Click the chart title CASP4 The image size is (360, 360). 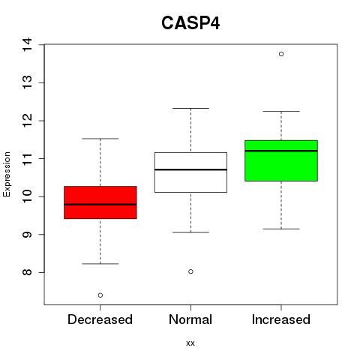point(190,23)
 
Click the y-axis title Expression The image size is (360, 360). point(7,174)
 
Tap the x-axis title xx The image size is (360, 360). point(190,343)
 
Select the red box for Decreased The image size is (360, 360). point(100,202)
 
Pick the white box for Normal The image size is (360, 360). point(190,172)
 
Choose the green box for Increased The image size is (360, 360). point(281,160)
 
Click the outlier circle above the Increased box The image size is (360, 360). point(281,54)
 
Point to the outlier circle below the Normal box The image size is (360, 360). point(190,271)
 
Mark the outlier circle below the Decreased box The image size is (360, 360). point(100,295)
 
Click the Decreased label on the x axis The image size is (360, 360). point(100,319)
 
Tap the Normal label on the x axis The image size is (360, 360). point(190,319)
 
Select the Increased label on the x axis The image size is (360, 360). point(281,319)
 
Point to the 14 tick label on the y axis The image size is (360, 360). point(27,44)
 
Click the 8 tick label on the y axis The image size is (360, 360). point(27,272)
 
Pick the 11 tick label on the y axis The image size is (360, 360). point(27,158)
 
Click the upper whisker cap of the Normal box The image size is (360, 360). point(190,108)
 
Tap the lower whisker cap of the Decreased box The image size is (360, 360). point(100,263)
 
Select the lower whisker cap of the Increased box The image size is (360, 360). point(281,229)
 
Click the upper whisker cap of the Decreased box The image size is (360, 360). point(100,139)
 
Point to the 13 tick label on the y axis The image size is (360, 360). point(27,82)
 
